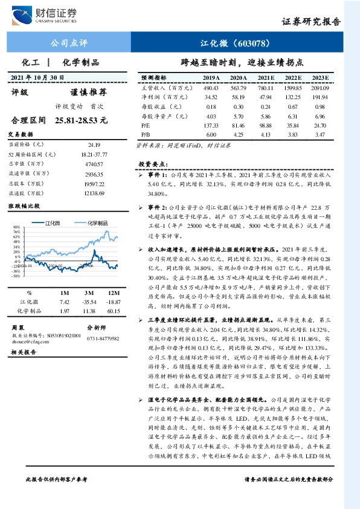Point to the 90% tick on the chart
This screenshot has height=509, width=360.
15,227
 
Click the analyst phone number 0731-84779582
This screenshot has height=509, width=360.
103,339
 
